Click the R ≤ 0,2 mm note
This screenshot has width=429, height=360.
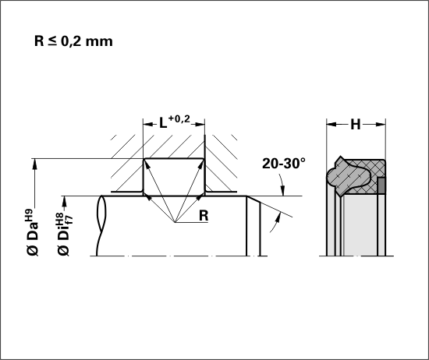pos(73,41)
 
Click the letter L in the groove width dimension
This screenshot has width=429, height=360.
pos(163,124)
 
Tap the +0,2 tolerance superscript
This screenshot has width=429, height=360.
pos(179,118)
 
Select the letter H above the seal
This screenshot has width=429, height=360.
pos(356,125)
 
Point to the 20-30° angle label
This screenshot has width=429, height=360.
pos(284,164)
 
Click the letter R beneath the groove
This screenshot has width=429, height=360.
pos(204,216)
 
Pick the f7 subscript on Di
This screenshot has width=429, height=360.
pos(69,220)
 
